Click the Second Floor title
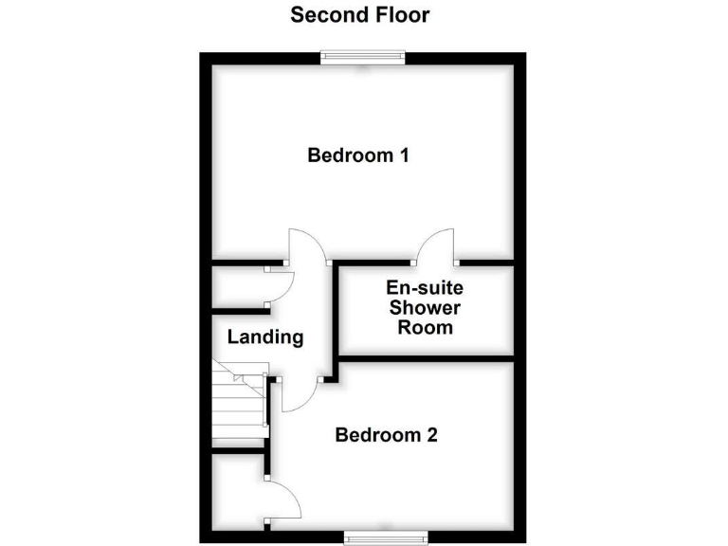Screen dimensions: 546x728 pyautogui.click(x=359, y=15)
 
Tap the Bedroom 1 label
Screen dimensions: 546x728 pyautogui.click(x=357, y=155)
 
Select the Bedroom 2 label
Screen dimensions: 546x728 pyautogui.click(x=386, y=436)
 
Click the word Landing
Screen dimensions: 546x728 pyautogui.click(x=265, y=337)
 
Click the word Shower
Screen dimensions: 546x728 pyautogui.click(x=426, y=308)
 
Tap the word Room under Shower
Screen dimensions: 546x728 pyautogui.click(x=426, y=328)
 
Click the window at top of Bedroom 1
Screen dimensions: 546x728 pyautogui.click(x=364, y=57)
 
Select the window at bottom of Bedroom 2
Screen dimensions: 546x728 pyautogui.click(x=384, y=537)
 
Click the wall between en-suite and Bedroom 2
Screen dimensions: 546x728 pyautogui.click(x=427, y=359)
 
